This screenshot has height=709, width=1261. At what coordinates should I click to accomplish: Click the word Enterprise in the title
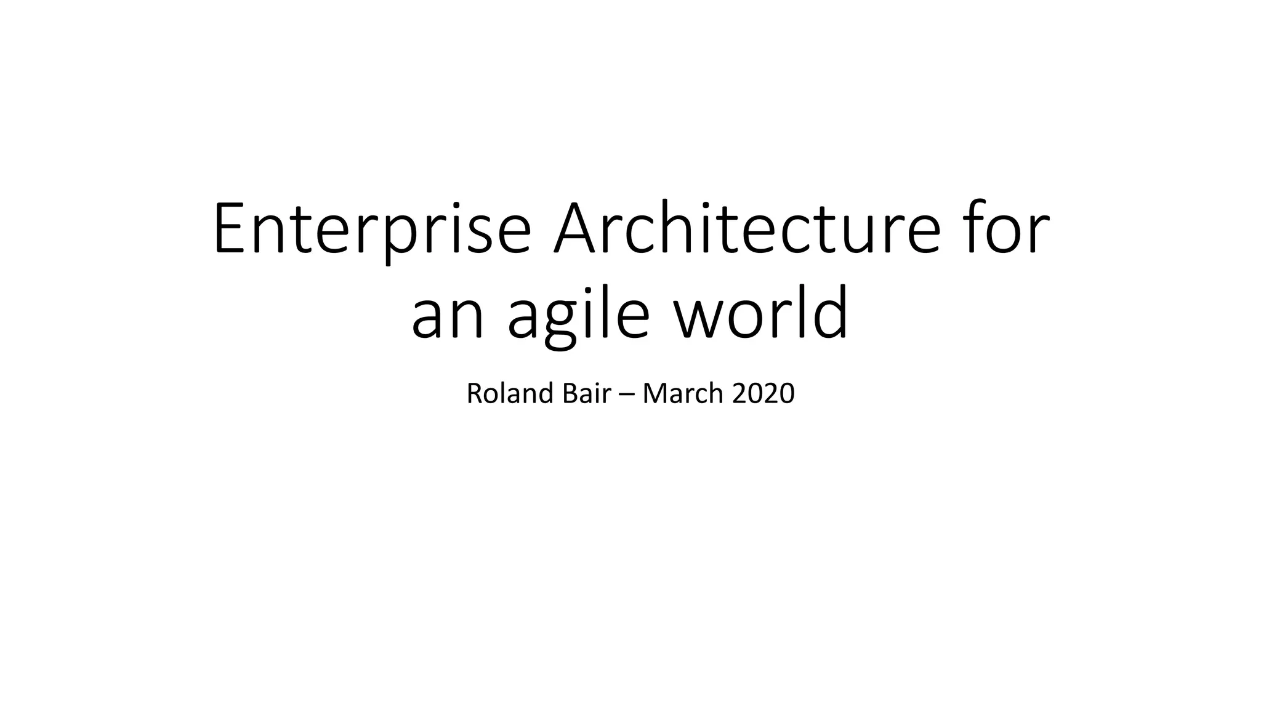click(372, 229)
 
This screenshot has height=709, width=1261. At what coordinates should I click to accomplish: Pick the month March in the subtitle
click(683, 394)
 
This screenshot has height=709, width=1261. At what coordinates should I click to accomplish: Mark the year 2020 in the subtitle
click(763, 394)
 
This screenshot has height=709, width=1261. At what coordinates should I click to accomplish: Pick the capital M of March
click(656, 394)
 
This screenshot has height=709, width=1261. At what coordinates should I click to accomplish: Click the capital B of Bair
click(570, 394)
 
